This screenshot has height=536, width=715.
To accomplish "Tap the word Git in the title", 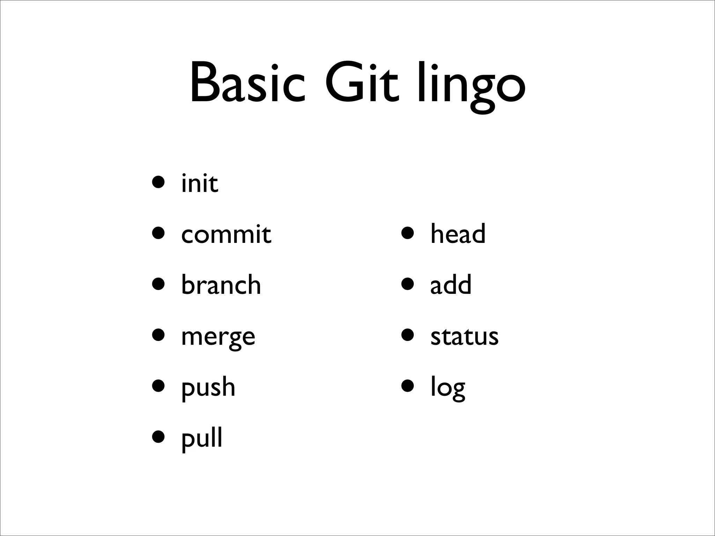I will coord(361,84).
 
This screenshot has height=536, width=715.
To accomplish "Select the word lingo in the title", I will coord(471,85).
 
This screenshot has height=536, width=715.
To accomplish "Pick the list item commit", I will coord(226,234).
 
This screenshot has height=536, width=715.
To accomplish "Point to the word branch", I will coord(221,284).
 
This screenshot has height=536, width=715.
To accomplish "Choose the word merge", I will coord(218,337).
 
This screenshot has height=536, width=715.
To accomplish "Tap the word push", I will coord(208,387).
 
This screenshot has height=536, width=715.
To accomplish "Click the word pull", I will coord(202,438).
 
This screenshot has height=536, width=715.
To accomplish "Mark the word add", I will coord(451,284).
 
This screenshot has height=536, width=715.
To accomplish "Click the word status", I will coord(464,336).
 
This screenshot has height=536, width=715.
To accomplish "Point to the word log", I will coord(448,387).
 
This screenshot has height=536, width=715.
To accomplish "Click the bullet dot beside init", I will coord(159,182).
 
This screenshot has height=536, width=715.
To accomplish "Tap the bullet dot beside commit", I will coord(159,233).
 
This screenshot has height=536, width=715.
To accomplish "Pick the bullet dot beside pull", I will coord(159,438).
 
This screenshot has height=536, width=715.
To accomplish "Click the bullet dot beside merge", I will coord(159,335).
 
